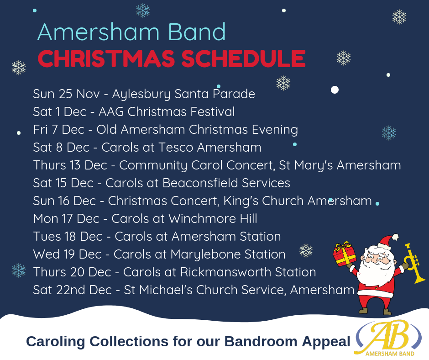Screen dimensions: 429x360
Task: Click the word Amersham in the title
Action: point(98,32)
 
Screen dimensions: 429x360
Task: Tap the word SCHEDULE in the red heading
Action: point(244,58)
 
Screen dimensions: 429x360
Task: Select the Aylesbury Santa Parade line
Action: point(144,94)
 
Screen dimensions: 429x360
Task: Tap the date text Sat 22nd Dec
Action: point(73,290)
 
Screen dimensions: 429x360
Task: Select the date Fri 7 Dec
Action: point(58,130)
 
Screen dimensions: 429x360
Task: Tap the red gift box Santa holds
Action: point(345,254)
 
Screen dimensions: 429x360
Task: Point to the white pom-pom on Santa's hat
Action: point(395,237)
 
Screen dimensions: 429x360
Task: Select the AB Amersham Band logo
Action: point(388,339)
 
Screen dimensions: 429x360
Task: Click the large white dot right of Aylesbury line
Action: point(335,90)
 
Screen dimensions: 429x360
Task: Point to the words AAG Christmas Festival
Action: point(167,112)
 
